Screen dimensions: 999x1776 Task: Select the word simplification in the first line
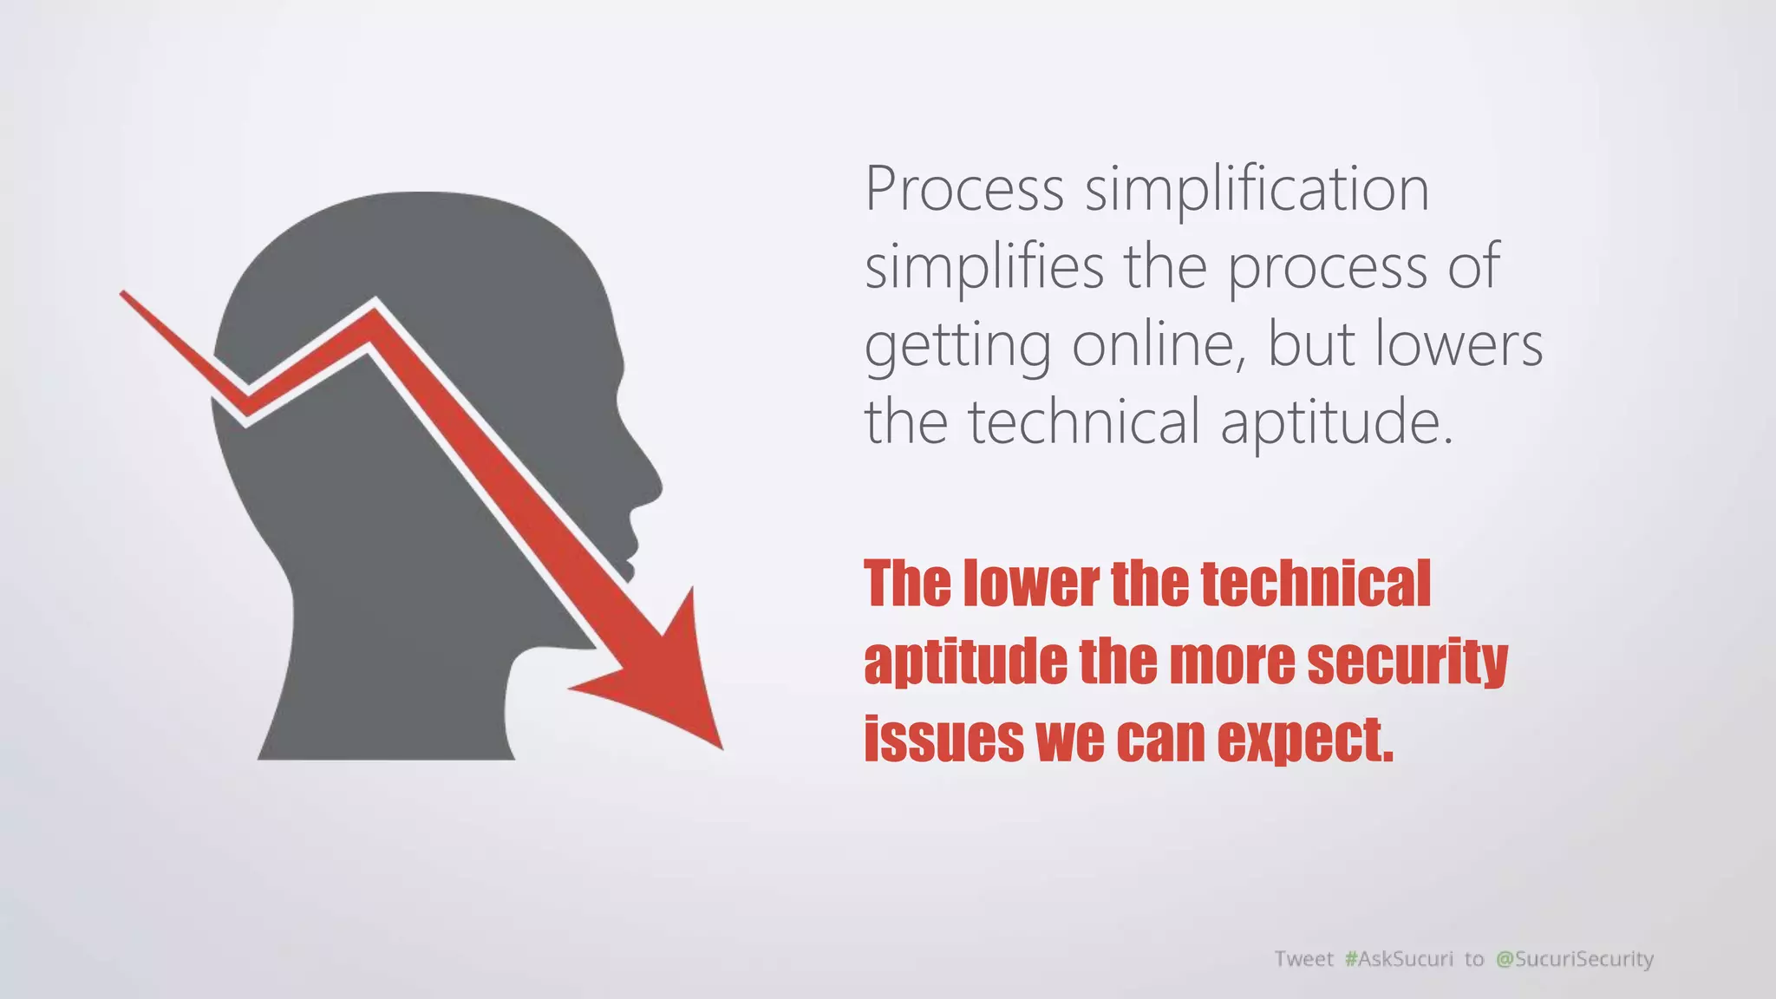pyautogui.click(x=1257, y=190)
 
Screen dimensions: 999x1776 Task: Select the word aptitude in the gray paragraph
pyautogui.click(x=1336, y=422)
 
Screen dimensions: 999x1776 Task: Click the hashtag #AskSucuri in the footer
pyautogui.click(x=1399, y=958)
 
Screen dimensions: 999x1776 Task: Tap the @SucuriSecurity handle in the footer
pyautogui.click(x=1575, y=958)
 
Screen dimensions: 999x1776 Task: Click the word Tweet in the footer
pyautogui.click(x=1303, y=958)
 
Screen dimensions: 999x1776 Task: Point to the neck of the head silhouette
pyautogui.click(x=390, y=694)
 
